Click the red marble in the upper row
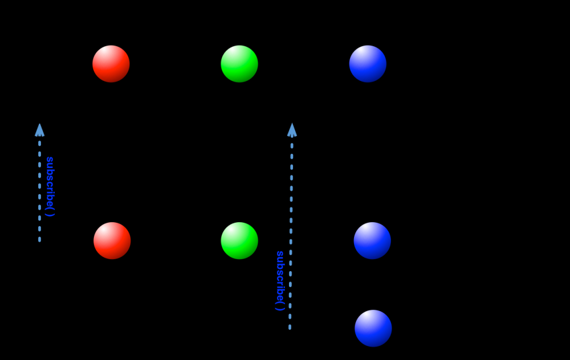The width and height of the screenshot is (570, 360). coord(111,64)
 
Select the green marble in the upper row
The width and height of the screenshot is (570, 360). coord(239,64)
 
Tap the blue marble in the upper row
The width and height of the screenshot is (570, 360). coord(368,64)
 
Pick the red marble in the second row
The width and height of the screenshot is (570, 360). coord(112,240)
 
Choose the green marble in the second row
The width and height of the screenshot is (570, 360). coord(239,240)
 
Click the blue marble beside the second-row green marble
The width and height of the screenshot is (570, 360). coord(372,240)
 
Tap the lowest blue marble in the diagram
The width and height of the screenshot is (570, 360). coord(373,328)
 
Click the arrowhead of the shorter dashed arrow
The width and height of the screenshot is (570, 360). coord(39,130)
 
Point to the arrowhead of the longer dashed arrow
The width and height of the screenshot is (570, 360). coord(292,130)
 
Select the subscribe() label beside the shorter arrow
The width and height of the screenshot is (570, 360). coord(50,186)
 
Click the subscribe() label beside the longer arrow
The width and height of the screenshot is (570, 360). coord(280,280)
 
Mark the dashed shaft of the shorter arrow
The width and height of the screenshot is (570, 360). coord(39,188)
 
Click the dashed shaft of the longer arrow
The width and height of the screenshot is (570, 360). coord(291,228)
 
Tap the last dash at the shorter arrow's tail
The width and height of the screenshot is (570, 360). coord(39,239)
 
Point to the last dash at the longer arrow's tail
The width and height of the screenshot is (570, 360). coord(290,327)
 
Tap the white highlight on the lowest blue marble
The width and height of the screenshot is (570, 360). coord(368,319)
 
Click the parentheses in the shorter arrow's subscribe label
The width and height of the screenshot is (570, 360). coord(50,211)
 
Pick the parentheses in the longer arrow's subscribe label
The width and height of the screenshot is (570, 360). coord(280,305)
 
